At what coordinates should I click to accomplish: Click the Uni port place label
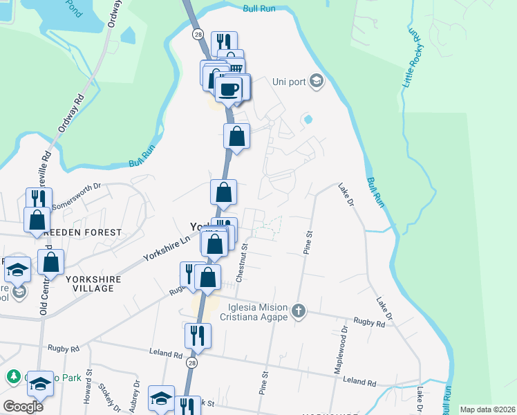coord(289,82)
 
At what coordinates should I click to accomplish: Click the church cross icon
coord(299,309)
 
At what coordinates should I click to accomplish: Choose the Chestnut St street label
coord(241,262)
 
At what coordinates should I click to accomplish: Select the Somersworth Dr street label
coord(77,192)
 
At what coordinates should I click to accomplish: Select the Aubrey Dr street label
coord(135,393)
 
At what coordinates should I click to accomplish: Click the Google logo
coord(23,407)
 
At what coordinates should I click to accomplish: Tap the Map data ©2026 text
coord(487,409)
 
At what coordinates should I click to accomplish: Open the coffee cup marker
coord(229,89)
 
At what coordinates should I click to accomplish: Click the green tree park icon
coord(12,377)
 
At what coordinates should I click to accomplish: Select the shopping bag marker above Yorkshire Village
coord(50,263)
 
